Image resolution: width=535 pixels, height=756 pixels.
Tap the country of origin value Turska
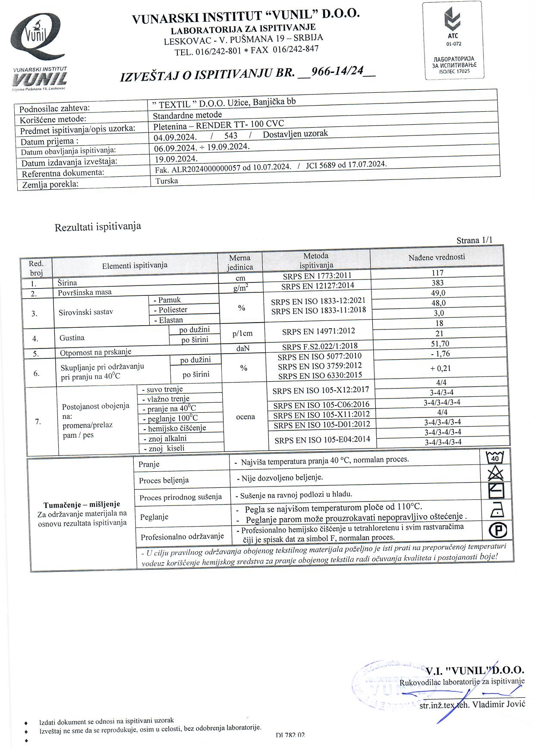pyautogui.click(x=167, y=181)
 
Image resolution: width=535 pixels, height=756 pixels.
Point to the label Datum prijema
pyautogui.click(x=49, y=141)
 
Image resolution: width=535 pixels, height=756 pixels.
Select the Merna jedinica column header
pyautogui.click(x=240, y=262)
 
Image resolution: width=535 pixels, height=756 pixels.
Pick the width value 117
pyautogui.click(x=437, y=273)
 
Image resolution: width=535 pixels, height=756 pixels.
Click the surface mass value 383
pyautogui.click(x=437, y=283)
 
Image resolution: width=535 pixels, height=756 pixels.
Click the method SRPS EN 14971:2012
pyautogui.click(x=318, y=331)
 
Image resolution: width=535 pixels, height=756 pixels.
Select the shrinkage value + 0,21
pyautogui.click(x=440, y=368)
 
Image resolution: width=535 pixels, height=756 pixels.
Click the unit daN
pyautogui.click(x=243, y=348)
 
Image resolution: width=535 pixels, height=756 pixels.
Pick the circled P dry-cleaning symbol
pyautogui.click(x=498, y=530)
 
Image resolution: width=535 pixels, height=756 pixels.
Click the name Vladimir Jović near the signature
pyautogui.click(x=498, y=704)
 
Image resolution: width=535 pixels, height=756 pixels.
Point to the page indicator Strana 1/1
pyautogui.click(x=474, y=240)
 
